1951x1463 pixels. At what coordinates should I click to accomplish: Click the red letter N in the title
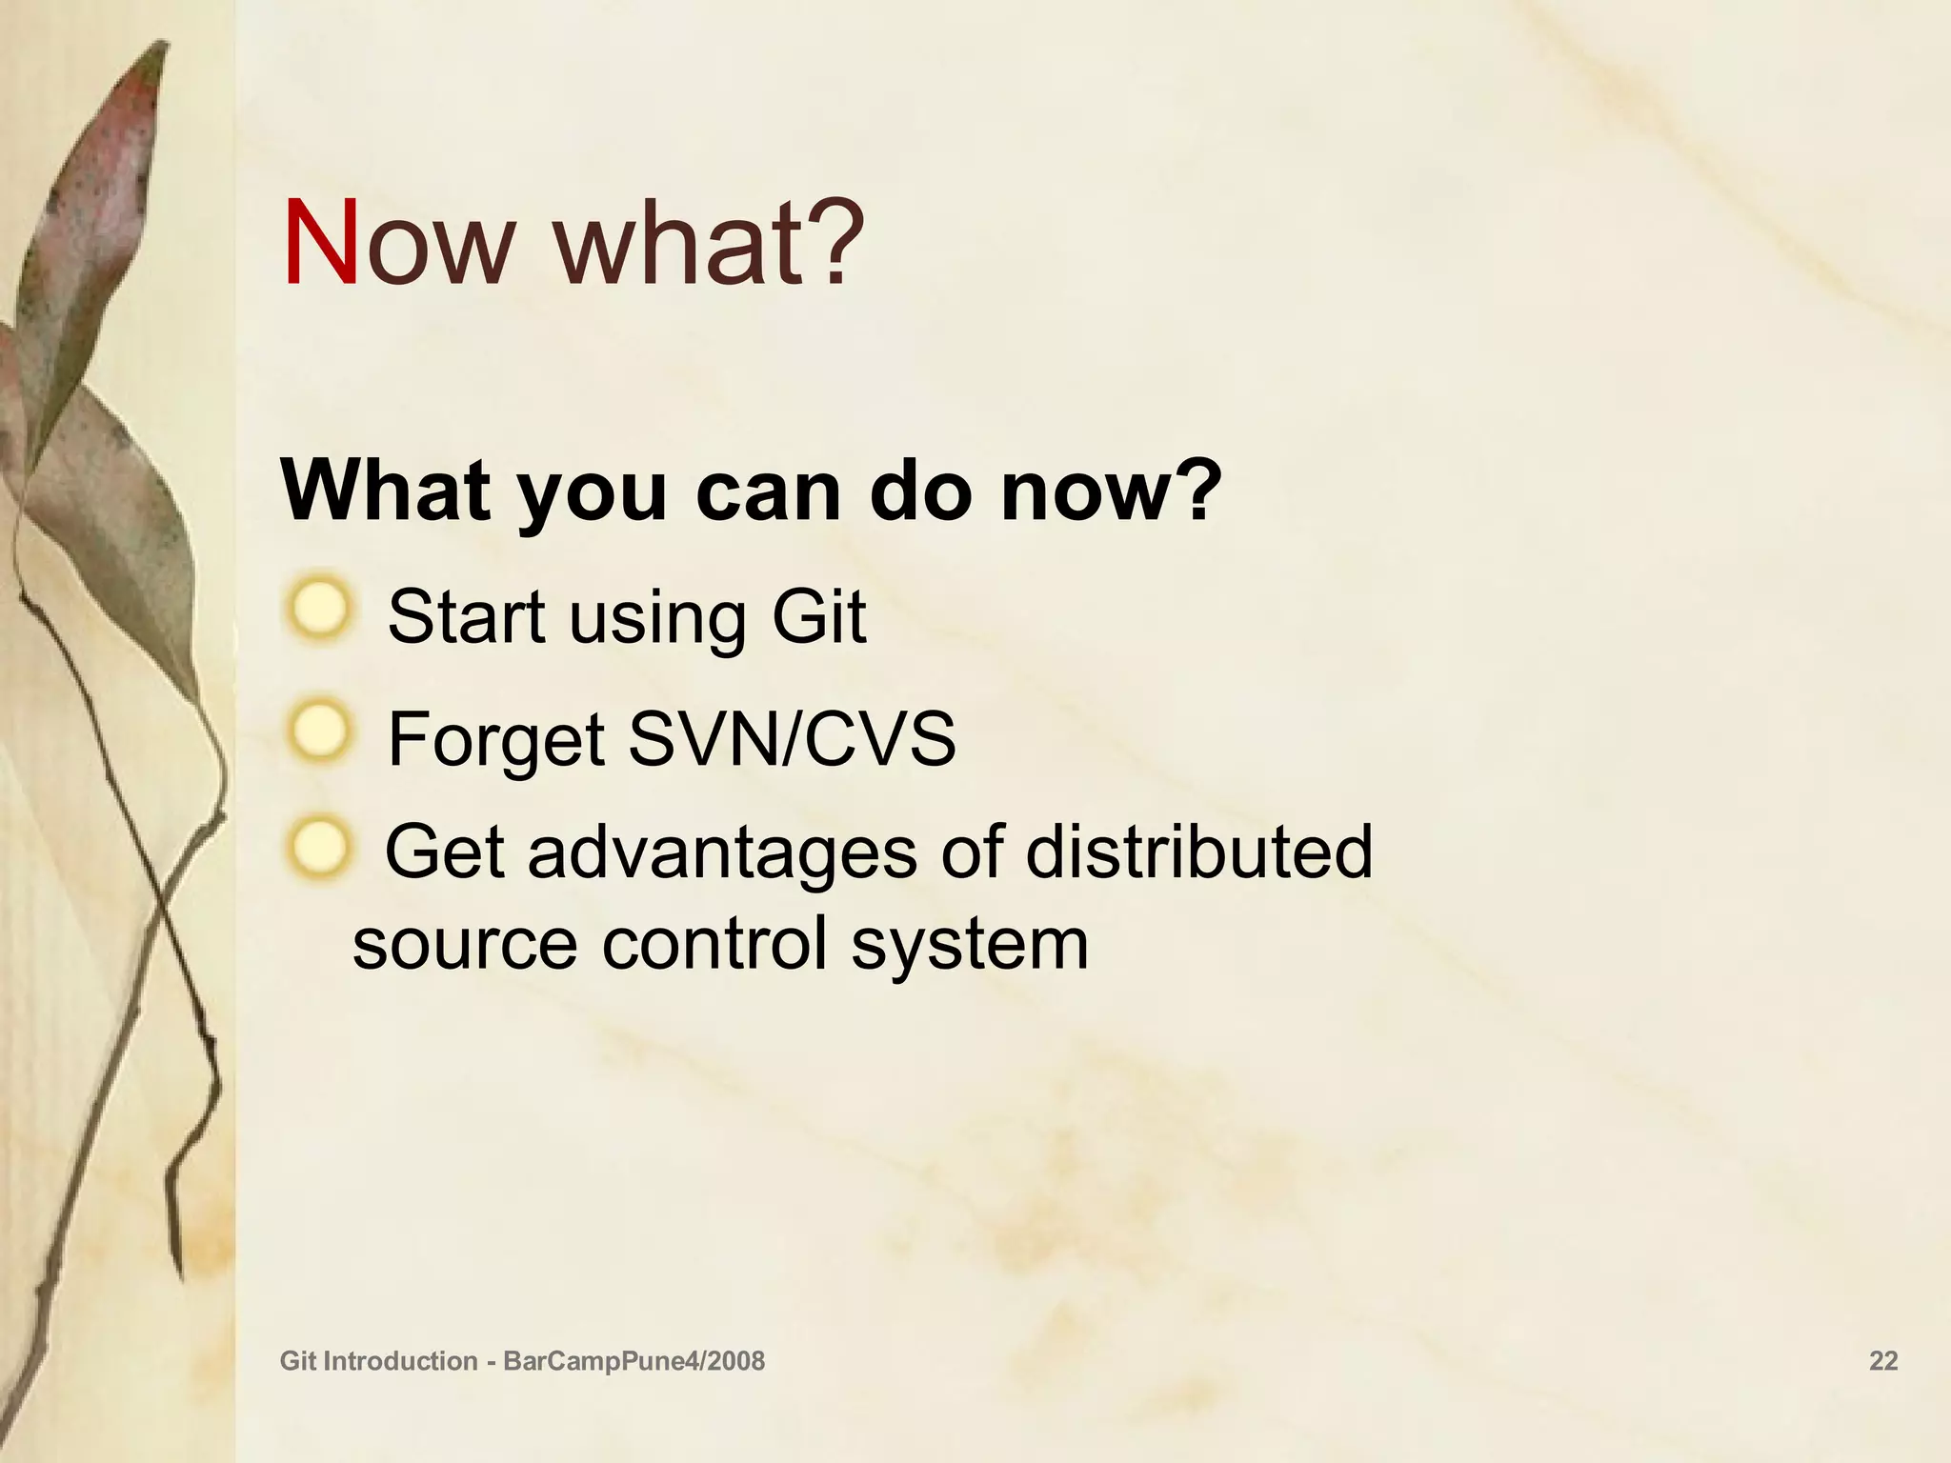[x=321, y=244]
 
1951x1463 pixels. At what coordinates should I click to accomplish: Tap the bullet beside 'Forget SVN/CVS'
[x=319, y=731]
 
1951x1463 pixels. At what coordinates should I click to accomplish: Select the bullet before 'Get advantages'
[x=319, y=847]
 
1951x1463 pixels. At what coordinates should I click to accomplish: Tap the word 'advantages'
[x=723, y=852]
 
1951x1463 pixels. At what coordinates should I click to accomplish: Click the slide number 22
[x=1883, y=1361]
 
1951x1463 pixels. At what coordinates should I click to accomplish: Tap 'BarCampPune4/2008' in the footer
[x=634, y=1361]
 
